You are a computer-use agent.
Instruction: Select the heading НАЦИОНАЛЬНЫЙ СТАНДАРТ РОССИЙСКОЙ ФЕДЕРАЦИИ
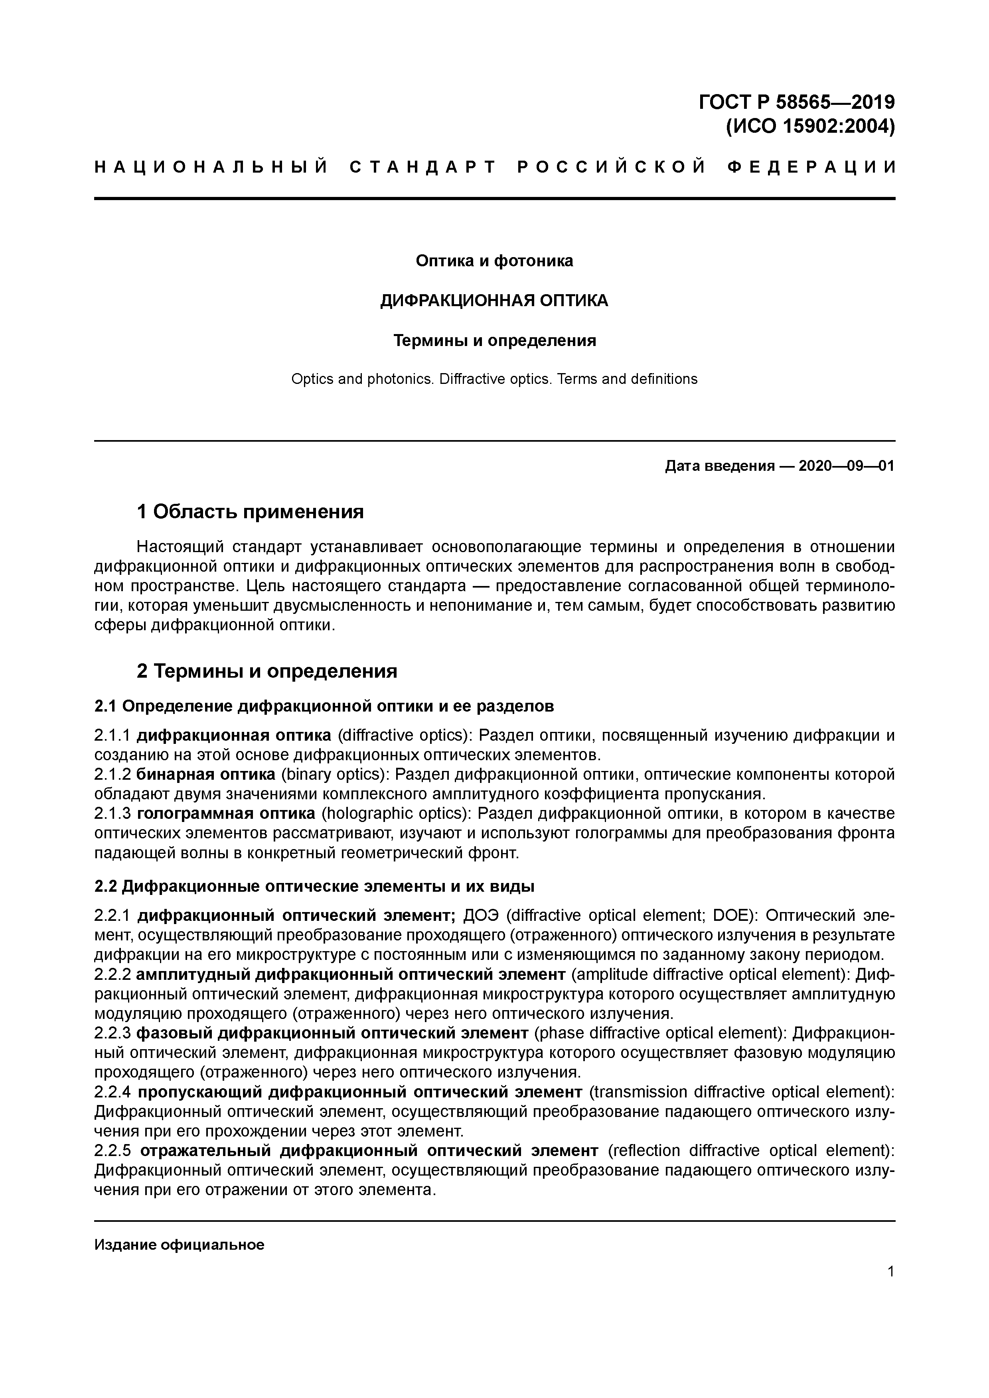tap(494, 167)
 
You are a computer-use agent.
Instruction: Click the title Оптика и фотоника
tap(494, 261)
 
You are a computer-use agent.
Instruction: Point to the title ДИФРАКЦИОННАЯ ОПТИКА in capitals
tap(494, 301)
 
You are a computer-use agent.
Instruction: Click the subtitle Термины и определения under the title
tap(494, 340)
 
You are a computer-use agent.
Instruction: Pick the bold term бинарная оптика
tap(206, 775)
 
